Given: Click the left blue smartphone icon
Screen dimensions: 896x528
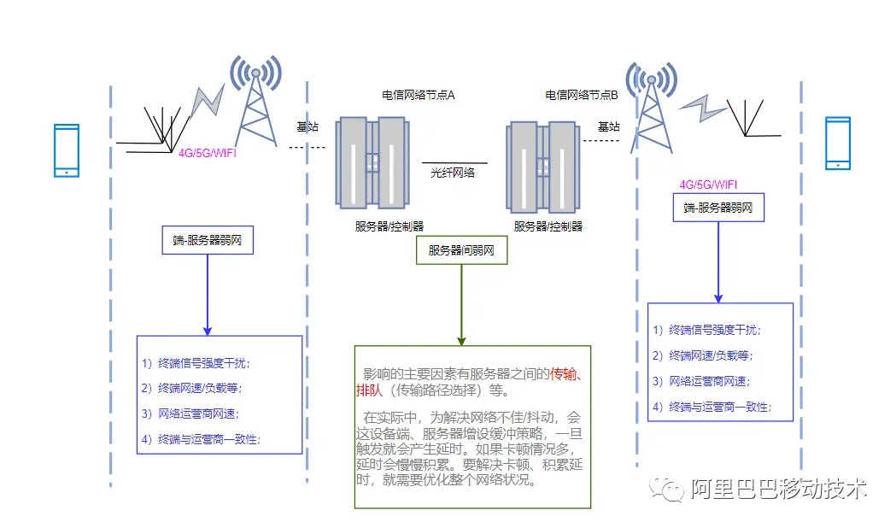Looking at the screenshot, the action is point(67,151).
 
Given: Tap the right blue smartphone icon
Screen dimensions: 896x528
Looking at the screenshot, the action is point(838,144).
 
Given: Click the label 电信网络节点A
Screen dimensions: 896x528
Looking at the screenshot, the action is point(419,95).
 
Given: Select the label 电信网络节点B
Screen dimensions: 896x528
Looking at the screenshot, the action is point(581,95).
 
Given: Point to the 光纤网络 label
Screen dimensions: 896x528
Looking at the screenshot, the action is point(453,173).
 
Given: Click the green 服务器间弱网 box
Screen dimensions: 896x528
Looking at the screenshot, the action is point(462,250).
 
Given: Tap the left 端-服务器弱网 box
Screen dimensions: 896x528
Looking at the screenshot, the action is point(208,240).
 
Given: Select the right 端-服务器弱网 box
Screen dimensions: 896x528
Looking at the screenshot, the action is point(718,208).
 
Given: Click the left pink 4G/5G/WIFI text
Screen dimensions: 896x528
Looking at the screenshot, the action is point(207,153).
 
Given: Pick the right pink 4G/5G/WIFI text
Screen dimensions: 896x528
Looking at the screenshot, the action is point(708,185).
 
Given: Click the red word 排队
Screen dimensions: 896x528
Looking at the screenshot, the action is point(369,390).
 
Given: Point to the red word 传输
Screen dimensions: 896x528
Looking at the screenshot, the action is point(564,373).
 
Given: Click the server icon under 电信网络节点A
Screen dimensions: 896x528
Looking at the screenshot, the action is point(372,163).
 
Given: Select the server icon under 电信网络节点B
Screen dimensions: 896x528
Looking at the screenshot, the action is point(543,167).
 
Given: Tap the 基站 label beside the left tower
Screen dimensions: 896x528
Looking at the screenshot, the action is point(307,126).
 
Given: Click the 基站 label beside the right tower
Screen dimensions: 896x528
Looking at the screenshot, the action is point(608,126).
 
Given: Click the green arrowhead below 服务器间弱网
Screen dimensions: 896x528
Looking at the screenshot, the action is point(461,341).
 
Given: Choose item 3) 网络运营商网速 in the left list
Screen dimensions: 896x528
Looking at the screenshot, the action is point(190,414).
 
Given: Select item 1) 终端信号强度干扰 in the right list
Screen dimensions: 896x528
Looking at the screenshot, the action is point(707,330).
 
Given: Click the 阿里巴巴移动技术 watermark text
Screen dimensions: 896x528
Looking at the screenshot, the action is point(778,490).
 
